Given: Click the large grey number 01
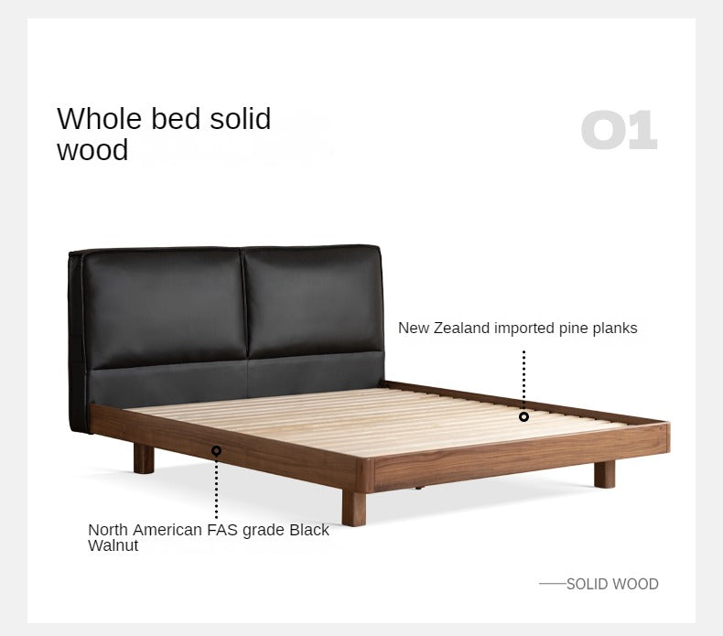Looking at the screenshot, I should point(619,131).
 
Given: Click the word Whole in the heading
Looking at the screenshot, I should point(94,119).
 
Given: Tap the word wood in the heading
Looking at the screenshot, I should point(92,149).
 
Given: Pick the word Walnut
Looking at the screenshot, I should point(113,545).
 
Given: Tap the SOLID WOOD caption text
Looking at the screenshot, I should point(612,584).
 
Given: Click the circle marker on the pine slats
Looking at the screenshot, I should point(523,416).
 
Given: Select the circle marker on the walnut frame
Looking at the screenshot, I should point(217,450).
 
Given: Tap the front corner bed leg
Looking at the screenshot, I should point(353,507).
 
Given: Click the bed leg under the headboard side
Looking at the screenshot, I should point(144,458).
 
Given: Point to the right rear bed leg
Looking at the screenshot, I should point(604,473).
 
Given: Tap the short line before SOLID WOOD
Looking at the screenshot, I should point(551,584).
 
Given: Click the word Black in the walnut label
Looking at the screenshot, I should point(310,530).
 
